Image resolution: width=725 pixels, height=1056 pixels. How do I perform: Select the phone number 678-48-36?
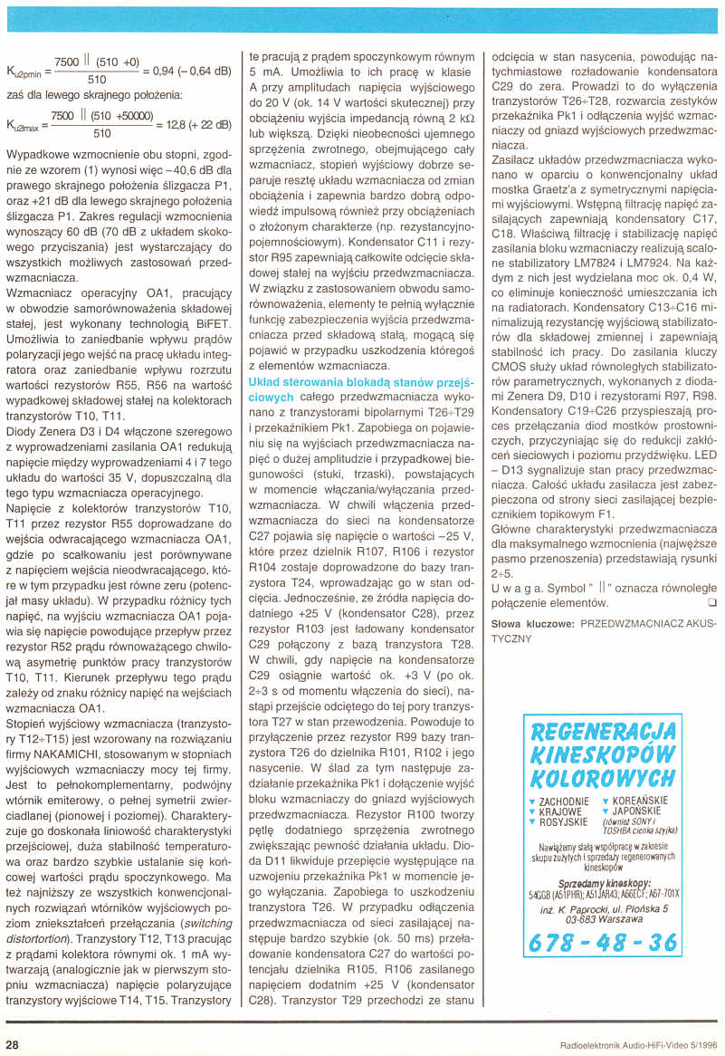coord(602,943)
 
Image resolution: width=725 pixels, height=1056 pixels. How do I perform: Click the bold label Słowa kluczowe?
coord(532,624)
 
